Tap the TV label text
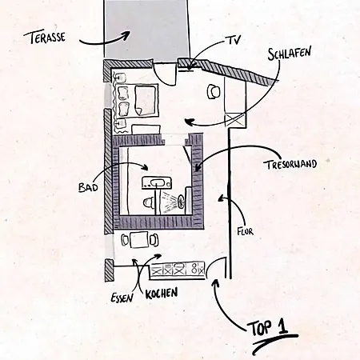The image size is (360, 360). (233, 40)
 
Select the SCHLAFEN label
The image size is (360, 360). (289, 54)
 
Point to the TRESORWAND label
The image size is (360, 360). (291, 165)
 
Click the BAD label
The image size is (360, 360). (88, 187)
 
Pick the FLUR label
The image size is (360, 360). (245, 231)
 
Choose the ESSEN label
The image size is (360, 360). (122, 298)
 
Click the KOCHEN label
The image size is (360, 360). (162, 293)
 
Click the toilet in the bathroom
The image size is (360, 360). (148, 202)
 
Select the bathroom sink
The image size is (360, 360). (157, 183)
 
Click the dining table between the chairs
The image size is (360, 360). (139, 240)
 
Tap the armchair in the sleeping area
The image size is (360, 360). (214, 91)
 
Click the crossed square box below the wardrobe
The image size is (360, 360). (235, 119)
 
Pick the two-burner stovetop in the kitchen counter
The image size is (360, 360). (198, 269)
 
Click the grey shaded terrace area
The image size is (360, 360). (146, 29)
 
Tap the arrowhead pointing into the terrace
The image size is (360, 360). (127, 34)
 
